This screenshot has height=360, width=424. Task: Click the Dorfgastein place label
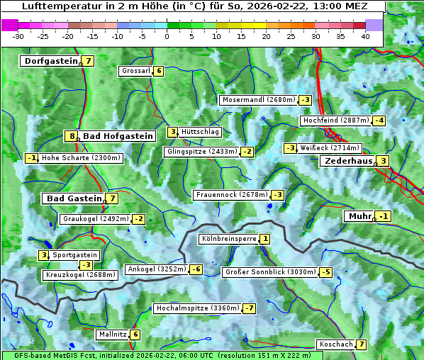tap(51, 61)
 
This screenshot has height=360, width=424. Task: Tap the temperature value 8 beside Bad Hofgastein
tap(71, 136)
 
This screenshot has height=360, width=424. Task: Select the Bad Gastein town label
tap(74, 198)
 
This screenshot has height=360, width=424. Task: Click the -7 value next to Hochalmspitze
tap(249, 308)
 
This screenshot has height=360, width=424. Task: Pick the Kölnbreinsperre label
tap(228, 239)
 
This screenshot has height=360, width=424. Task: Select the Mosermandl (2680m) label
tap(258, 100)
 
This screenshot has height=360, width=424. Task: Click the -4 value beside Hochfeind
tap(379, 120)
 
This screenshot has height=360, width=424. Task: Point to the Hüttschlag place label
tap(201, 132)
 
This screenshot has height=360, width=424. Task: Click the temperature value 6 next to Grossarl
tap(159, 71)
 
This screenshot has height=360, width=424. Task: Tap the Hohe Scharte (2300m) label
tap(81, 158)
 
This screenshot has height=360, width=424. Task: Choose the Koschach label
tap(335, 344)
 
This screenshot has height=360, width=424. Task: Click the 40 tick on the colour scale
tap(365, 36)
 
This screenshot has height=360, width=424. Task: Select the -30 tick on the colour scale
tap(18, 36)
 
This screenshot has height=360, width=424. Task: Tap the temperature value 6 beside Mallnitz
tap(135, 334)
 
